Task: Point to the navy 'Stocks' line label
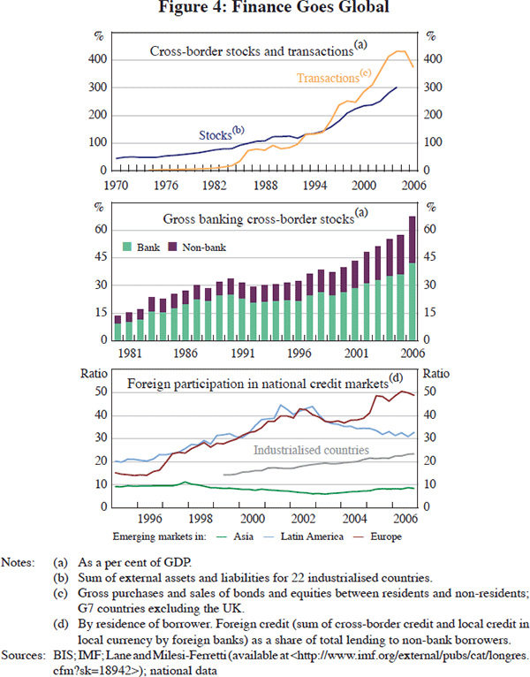click(216, 135)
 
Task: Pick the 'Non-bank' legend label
click(205, 247)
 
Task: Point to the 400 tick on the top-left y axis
click(103, 59)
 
